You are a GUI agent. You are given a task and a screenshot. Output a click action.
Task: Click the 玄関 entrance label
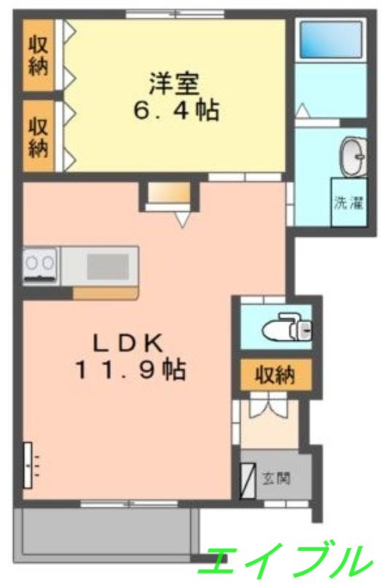(x=277, y=479)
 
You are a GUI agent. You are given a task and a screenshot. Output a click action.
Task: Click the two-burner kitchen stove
(x=41, y=266)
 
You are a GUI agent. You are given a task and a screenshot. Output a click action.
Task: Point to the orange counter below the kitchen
(x=105, y=293)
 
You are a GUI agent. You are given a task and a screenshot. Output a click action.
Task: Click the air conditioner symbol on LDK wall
(x=30, y=465)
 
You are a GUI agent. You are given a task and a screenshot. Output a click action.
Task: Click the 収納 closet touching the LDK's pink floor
(x=38, y=136)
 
